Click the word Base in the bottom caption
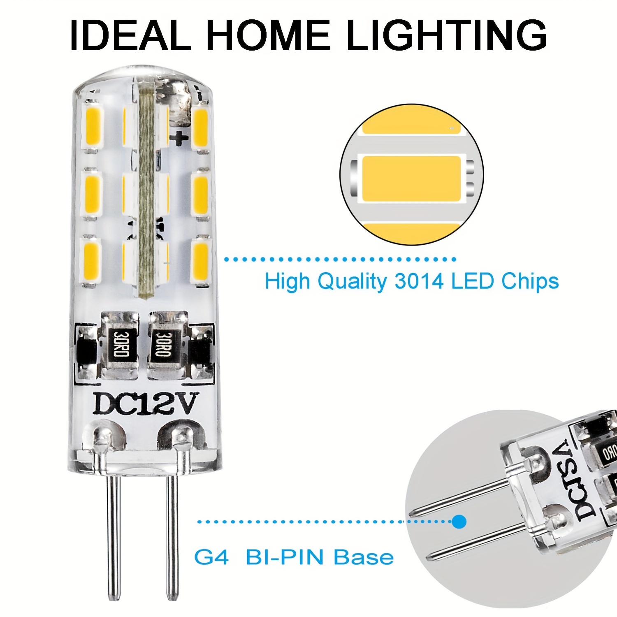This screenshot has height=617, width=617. coord(364,557)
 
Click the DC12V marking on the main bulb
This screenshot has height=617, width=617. coord(146,404)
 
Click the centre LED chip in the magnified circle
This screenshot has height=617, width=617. coord(411,178)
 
